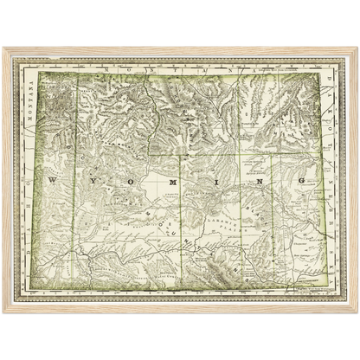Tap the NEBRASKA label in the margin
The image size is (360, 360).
click(333, 234)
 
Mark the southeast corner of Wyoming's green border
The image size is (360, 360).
click(322, 286)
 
